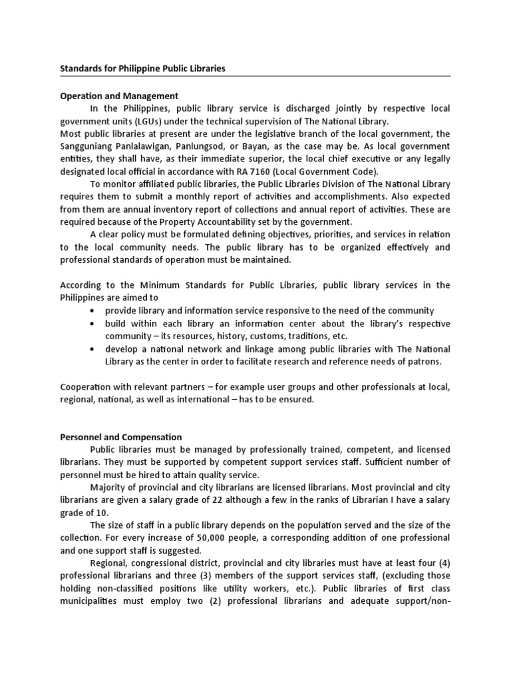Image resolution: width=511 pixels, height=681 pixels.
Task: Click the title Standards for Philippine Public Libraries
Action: click(142, 68)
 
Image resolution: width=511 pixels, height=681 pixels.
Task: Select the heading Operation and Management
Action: click(119, 96)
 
